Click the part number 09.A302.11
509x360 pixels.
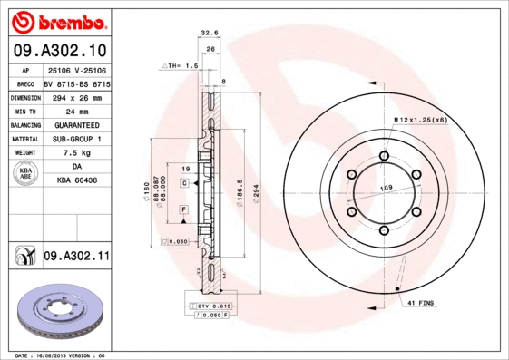(76, 257)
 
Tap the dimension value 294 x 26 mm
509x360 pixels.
(76, 96)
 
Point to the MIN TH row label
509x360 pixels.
(24, 110)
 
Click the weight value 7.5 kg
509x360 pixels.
(76, 153)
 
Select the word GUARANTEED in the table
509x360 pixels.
(76, 124)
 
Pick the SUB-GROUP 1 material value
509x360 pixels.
(76, 139)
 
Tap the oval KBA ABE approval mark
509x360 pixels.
(24, 175)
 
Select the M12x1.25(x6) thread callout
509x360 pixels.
(421, 120)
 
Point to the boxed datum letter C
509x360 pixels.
(184, 183)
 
